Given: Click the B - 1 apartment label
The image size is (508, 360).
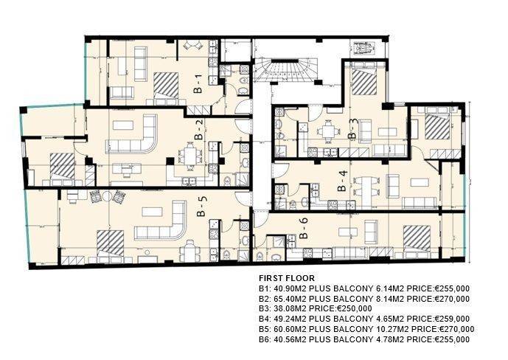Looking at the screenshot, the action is tap(198, 84).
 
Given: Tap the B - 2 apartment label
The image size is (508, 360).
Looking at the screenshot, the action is tap(199, 130).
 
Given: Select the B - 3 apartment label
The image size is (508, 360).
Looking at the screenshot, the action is tap(353, 129).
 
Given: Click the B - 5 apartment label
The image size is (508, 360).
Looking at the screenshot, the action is tap(202, 207).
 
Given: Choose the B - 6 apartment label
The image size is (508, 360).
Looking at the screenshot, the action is tap(304, 228).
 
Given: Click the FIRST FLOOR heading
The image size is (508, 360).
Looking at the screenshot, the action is tap(287, 278).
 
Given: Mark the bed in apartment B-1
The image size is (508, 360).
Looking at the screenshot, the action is tap(166, 85).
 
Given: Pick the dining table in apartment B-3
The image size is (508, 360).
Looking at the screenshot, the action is tap(329, 131).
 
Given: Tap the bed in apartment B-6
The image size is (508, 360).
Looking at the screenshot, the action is tap(417, 240).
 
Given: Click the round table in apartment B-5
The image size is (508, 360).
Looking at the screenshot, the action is tap(108, 195).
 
